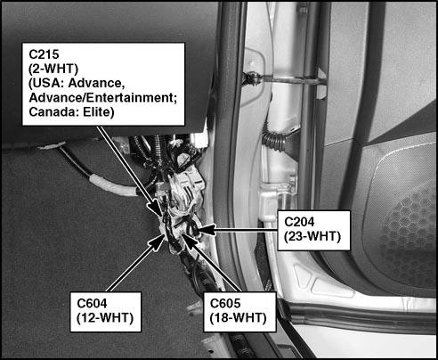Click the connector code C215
click(44, 54)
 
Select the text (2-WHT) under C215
click(53, 69)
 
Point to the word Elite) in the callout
click(99, 112)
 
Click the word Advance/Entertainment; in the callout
click(103, 98)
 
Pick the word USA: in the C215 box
click(46, 84)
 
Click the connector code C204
click(299, 222)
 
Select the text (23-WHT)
click(312, 236)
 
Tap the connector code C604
click(92, 303)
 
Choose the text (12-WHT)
click(105, 318)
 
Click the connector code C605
click(225, 303)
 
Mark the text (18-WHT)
click(238, 318)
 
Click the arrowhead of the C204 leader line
click(206, 230)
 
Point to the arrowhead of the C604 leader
click(158, 242)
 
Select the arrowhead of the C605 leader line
click(189, 241)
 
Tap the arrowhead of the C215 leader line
click(156, 208)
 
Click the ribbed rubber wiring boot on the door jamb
click(275, 142)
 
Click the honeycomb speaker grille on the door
click(408, 225)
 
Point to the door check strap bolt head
click(252, 78)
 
